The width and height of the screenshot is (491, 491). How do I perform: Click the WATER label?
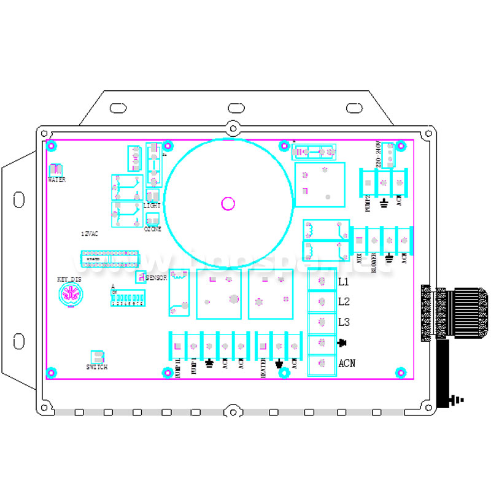click(x=56, y=180)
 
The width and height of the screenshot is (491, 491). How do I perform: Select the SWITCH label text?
click(x=97, y=367)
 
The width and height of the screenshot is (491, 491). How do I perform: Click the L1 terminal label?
click(x=344, y=282)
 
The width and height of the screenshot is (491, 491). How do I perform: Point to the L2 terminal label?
click(x=344, y=302)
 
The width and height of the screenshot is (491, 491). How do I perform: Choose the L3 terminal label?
click(x=344, y=322)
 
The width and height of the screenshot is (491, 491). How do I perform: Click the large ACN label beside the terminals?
click(x=347, y=363)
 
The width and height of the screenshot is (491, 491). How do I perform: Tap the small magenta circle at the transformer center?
click(x=228, y=204)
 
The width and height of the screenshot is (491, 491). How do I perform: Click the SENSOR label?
click(x=157, y=278)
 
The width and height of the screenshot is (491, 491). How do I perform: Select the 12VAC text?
click(x=90, y=234)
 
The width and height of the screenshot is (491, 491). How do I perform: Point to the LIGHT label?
click(x=152, y=206)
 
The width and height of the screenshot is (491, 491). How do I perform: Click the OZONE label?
click(x=152, y=230)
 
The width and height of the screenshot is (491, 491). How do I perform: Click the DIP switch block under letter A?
click(x=127, y=299)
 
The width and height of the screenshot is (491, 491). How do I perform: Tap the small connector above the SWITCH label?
click(x=97, y=357)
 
